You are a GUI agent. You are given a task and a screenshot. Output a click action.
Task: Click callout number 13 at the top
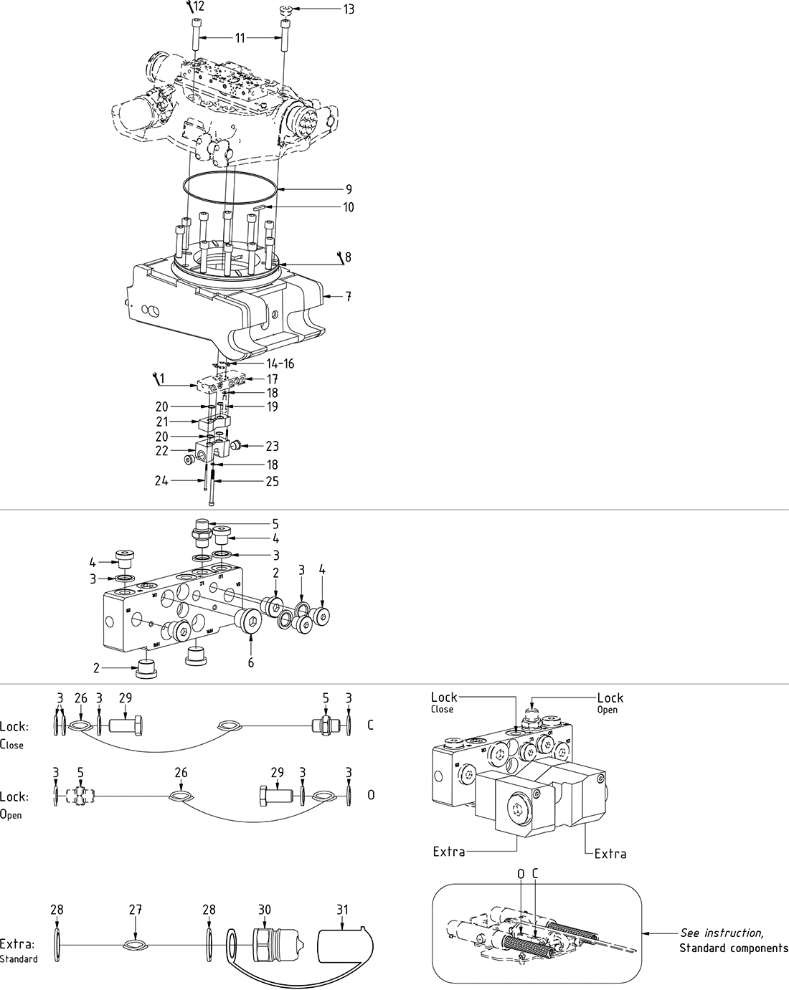[349, 9]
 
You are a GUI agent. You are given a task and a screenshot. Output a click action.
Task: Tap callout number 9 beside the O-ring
[348, 189]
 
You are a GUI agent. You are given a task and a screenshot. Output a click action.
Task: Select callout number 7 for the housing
[348, 296]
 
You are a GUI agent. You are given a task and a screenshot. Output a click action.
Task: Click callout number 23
[272, 446]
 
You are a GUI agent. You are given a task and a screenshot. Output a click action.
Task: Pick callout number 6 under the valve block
[251, 663]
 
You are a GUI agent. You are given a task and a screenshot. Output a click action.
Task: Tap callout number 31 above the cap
[342, 910]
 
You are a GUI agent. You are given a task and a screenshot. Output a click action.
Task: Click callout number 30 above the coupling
[265, 910]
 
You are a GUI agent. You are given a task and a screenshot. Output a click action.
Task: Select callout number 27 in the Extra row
[134, 910]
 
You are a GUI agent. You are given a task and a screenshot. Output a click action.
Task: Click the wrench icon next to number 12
[189, 7]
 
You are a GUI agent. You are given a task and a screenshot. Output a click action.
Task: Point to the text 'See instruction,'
[721, 933]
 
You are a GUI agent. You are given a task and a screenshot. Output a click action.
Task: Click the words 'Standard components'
[733, 948]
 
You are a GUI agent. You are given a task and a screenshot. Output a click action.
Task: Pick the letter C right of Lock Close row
[370, 725]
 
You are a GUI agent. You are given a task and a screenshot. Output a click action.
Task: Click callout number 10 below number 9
[348, 208]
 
